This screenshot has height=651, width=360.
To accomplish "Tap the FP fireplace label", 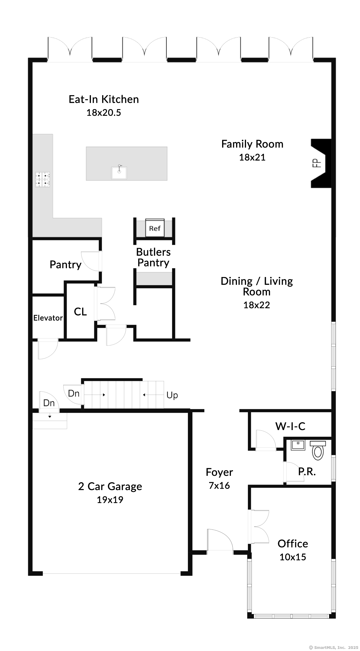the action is click(317, 163).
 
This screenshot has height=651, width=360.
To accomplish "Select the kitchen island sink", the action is click(119, 172).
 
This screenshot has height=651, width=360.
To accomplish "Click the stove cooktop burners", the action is click(43, 179).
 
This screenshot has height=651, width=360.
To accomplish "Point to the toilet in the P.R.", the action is click(318, 450).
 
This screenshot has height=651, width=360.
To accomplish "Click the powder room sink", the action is click(298, 446).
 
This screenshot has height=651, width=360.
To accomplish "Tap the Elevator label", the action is click(48, 318).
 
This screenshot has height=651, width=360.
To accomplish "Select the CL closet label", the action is click(80, 312).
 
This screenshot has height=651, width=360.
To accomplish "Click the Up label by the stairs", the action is click(172, 396).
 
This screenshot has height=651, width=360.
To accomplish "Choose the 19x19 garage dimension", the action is click(110, 500).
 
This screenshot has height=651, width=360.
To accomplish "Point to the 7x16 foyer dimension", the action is click(219, 486).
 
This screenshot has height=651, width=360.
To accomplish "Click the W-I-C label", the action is click(290, 426).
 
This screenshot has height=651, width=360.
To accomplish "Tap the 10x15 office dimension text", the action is click(293, 557).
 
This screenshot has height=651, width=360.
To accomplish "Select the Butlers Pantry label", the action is click(153, 257).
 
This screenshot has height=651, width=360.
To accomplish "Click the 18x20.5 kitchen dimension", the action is click(104, 113).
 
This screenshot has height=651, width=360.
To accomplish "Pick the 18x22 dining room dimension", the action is click(257, 305).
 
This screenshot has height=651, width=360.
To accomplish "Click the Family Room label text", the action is click(252, 144).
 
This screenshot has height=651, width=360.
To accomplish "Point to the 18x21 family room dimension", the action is click(252, 157).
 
